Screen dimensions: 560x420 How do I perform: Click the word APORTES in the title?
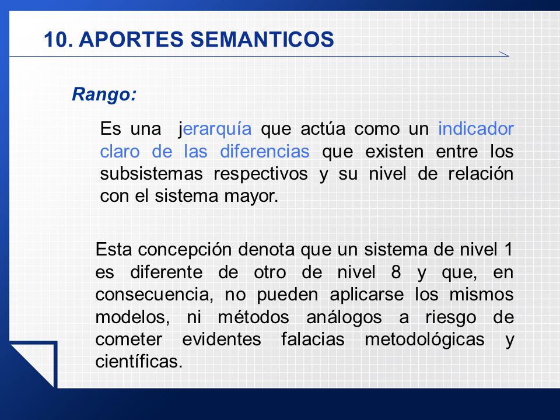pos(131,39)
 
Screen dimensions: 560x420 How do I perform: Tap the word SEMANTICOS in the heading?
pos(262,39)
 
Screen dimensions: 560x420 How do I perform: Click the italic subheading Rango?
pos(104,95)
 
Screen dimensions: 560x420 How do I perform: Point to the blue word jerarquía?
pos(215,129)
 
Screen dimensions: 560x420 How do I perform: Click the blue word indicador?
pos(476,128)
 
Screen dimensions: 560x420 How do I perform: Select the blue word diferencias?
pos(265,151)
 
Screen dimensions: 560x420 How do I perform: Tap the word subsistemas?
pos(152,174)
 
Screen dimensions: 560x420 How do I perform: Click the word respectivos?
pos(261,174)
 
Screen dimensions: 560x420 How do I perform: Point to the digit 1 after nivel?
pos(509,249)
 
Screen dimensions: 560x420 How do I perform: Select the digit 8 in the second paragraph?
pos(395,272)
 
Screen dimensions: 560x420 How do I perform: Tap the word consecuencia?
pos(154,295)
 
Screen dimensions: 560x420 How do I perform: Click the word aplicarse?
pos(366,295)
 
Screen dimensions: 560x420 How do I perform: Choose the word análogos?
pos(344,318)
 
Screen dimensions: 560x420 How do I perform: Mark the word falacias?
pos(313,339)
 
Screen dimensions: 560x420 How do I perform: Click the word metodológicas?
pos(424,339)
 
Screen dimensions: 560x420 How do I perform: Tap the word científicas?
pos(139,362)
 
